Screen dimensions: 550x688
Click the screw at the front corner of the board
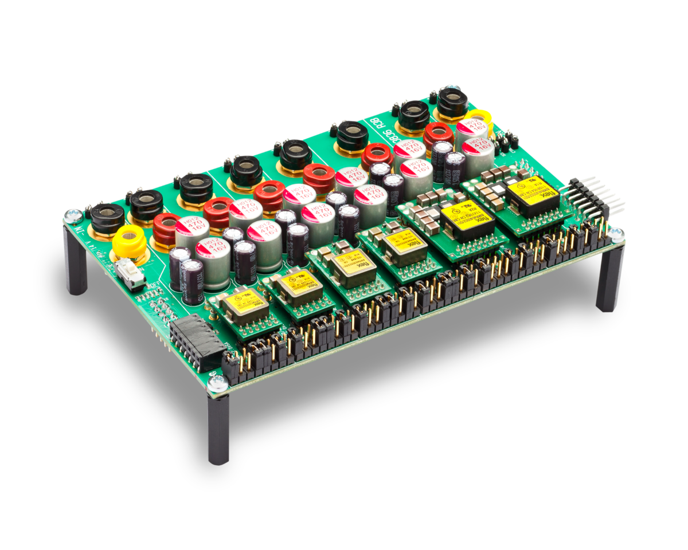(x=217, y=381)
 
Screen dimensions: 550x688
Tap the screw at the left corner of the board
(x=73, y=215)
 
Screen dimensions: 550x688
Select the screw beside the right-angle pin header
(x=615, y=234)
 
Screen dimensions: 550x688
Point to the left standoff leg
(x=76, y=261)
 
